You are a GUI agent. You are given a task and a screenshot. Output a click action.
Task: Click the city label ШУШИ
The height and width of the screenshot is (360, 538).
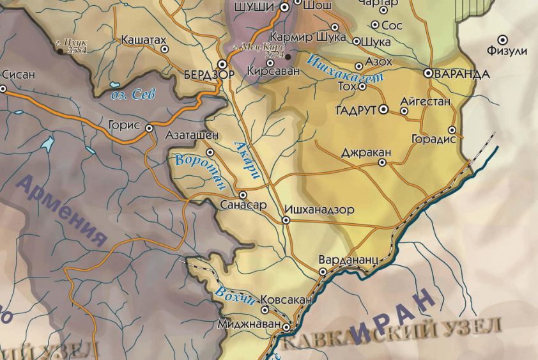click(256, 6)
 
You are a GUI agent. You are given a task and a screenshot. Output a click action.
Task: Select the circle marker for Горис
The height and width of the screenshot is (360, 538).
click(149, 128)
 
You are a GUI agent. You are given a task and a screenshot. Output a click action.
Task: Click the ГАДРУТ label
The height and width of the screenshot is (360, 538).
click(356, 110)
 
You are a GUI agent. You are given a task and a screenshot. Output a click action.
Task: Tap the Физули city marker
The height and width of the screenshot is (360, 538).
click(503, 39)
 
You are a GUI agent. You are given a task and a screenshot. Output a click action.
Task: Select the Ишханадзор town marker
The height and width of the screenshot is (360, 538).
click(286, 220)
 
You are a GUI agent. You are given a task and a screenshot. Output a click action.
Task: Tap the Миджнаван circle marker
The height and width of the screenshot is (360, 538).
click(286, 327)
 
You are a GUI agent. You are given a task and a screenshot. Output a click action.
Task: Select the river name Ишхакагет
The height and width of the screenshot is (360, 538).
click(345, 70)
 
